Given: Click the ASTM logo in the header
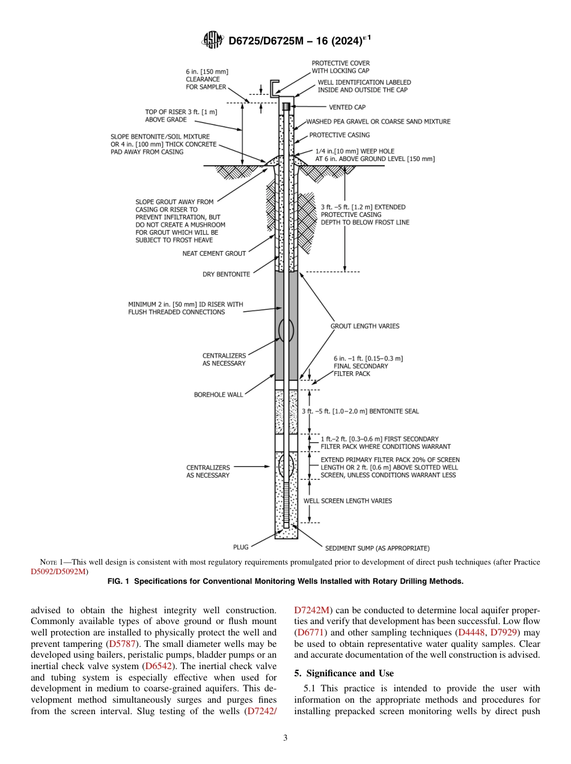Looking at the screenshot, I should [213, 40].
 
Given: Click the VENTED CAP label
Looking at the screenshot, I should [347, 108].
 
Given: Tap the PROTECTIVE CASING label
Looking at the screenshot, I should [340, 135].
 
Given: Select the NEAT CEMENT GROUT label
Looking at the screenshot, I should [214, 253].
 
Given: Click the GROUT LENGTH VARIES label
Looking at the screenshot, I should [365, 326].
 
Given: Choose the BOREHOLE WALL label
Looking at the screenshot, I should [218, 395].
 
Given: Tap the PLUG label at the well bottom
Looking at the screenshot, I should [240, 547].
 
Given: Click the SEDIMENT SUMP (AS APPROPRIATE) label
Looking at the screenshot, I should [377, 548].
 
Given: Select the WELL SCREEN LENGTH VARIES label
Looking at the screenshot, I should [347, 500].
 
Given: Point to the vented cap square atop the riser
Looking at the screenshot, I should [286, 107].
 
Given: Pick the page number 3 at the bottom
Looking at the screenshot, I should [285, 738].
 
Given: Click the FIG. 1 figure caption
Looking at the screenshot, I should [285, 581].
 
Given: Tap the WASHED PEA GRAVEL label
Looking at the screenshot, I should [378, 121].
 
